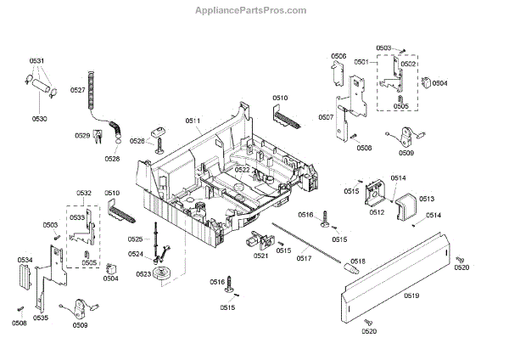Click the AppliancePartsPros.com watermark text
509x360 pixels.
[255, 9]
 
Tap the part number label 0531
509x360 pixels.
[36, 61]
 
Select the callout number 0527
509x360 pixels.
[77, 90]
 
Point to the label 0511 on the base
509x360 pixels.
[193, 122]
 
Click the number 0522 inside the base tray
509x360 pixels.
[243, 170]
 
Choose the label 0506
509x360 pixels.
[338, 56]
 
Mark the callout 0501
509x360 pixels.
[361, 62]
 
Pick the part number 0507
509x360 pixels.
[326, 117]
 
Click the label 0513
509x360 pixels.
[426, 198]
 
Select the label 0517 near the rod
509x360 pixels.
[304, 258]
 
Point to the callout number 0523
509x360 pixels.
[143, 274]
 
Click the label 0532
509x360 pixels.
[84, 194]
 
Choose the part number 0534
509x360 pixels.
[25, 259]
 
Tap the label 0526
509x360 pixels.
[138, 141]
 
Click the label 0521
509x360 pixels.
[261, 256]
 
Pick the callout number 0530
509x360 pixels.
[41, 118]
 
